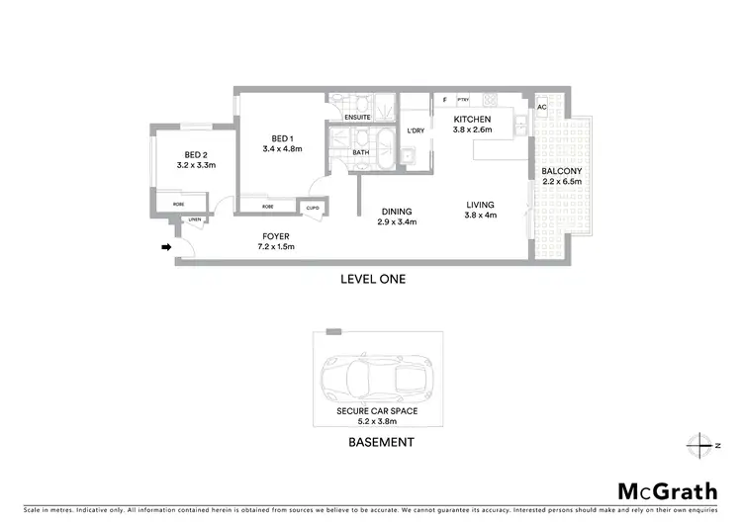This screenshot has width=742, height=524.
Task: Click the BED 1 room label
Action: point(282,137)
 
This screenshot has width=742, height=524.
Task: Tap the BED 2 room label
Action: point(196,154)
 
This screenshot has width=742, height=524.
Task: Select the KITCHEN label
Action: point(472,119)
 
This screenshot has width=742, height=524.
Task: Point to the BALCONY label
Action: point(561,170)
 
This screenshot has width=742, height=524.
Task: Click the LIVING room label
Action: point(482,206)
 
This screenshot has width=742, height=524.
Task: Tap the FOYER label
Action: point(276,235)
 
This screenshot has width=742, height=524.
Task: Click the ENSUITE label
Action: point(357,119)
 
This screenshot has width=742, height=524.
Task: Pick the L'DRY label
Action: point(416,131)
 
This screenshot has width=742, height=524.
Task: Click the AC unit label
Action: point(541,107)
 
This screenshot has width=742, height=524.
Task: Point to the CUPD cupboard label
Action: point(313,207)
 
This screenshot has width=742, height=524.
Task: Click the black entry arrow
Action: point(165,247)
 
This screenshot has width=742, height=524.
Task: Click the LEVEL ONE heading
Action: point(372,279)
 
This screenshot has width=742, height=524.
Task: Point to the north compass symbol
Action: point(702,443)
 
